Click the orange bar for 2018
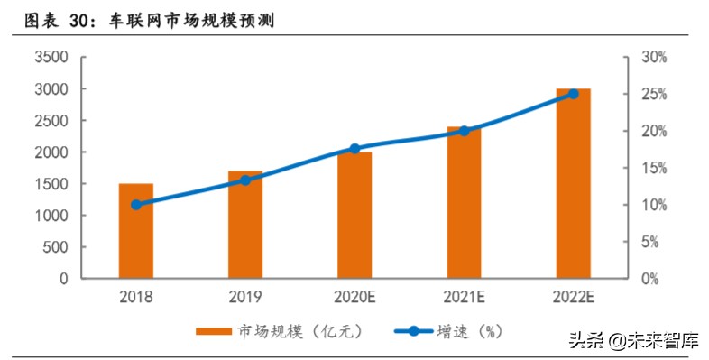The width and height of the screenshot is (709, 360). pyautogui.click(x=135, y=231)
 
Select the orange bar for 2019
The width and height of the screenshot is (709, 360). pyautogui.click(x=244, y=225)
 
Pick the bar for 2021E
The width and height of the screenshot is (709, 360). pyautogui.click(x=464, y=203)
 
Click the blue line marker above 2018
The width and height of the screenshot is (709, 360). pyautogui.click(x=135, y=205)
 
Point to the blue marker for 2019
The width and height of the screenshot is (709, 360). pyautogui.click(x=244, y=180)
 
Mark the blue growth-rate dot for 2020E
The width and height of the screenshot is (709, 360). pyautogui.click(x=354, y=149)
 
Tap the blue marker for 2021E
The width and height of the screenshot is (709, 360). pyautogui.click(x=464, y=131)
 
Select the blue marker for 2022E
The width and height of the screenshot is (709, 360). pyautogui.click(x=573, y=94)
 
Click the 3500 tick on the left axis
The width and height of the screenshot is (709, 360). pyautogui.click(x=51, y=58)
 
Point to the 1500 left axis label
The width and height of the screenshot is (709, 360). pyautogui.click(x=51, y=184)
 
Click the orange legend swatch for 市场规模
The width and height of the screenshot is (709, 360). pyautogui.click(x=214, y=331)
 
